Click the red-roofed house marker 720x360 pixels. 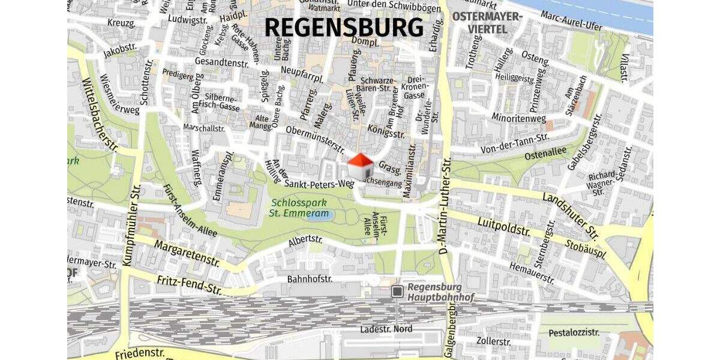361,166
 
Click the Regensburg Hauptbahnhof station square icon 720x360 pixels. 397,291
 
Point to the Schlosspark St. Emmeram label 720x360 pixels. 299,208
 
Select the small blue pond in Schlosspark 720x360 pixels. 313,215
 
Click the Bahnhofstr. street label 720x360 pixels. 310,279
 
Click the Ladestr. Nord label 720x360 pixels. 386,329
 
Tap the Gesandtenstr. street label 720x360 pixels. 221,61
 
